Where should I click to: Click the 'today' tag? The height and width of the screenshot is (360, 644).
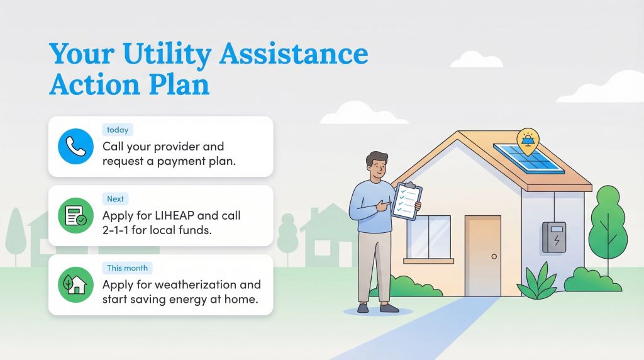118,130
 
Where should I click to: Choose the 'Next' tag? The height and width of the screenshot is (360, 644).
115,199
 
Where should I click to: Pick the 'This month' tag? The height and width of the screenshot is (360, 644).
127,268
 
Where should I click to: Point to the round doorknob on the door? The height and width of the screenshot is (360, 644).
494,256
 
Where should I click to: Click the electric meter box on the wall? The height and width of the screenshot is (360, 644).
554,237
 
